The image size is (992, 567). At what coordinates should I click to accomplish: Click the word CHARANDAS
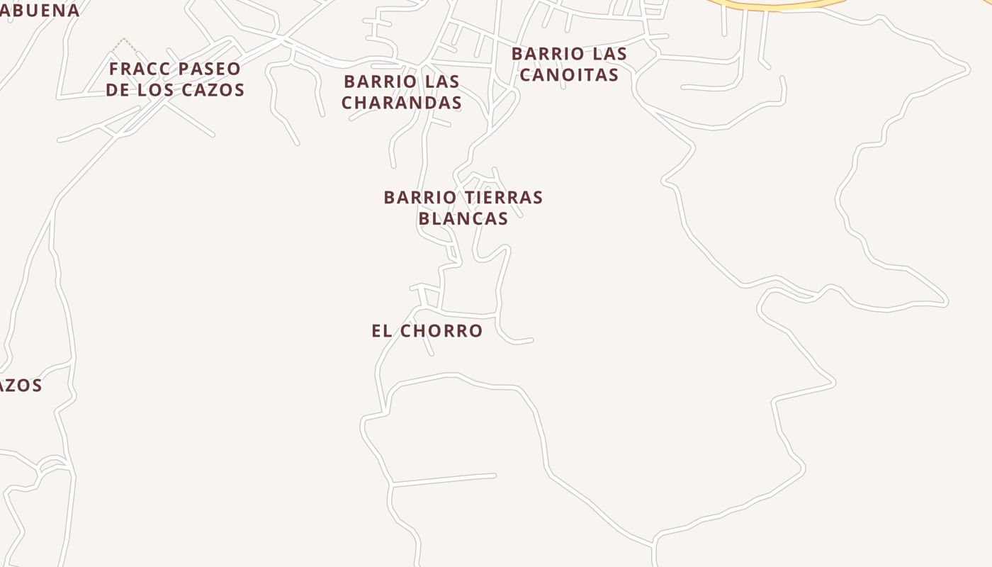402,103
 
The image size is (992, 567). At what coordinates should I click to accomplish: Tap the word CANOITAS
569,74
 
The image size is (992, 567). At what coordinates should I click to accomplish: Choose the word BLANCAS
463,218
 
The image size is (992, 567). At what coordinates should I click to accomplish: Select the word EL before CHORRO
381,331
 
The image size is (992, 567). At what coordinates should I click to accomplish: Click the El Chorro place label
427,331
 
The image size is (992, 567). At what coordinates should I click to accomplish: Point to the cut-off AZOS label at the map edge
21,386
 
